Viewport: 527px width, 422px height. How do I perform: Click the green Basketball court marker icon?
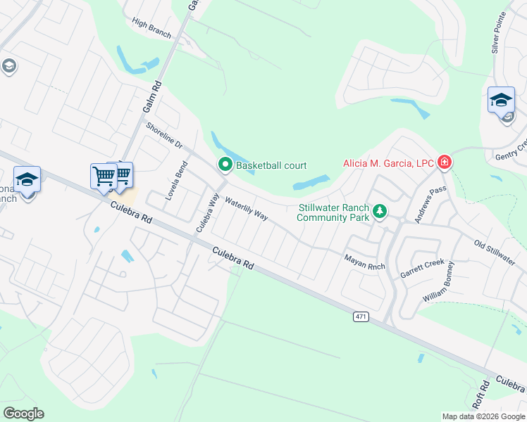click(225, 165)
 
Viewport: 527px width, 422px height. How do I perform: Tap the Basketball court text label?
click(271, 165)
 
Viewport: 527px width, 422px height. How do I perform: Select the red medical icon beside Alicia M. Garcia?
click(444, 163)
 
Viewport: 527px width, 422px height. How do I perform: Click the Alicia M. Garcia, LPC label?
click(388, 163)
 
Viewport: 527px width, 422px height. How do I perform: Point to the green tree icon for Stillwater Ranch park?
click(380, 211)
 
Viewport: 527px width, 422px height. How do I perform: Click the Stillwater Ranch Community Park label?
click(333, 212)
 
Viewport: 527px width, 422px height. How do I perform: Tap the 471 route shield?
click(361, 316)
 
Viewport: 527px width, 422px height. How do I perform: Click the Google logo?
click(23, 414)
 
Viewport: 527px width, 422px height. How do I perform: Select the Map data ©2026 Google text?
click(482, 416)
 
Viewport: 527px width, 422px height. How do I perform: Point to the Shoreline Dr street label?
click(164, 136)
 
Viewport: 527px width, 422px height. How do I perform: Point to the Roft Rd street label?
click(482, 397)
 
